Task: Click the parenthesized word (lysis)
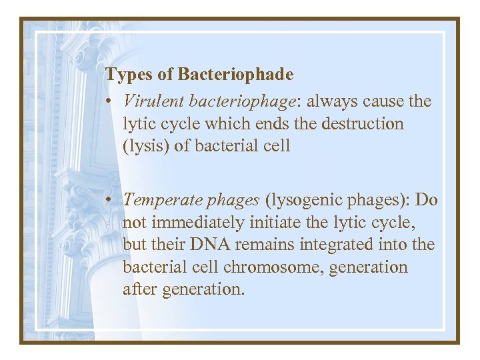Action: pos(146,146)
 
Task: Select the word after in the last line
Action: pos(138,289)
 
